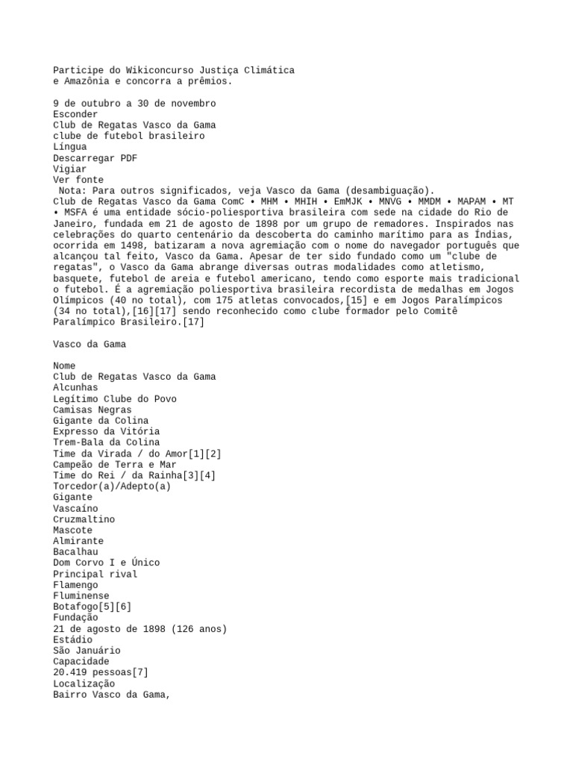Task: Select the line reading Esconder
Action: coord(75,114)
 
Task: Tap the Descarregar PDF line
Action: coord(95,158)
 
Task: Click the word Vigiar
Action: coord(69,169)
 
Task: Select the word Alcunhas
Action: coord(75,388)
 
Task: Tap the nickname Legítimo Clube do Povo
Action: coord(115,399)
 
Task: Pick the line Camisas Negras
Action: coord(92,410)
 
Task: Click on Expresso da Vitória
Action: coord(106,431)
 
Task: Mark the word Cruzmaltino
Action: coord(84,519)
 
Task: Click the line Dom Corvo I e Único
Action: coord(106,563)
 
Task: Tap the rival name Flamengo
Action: coord(78,585)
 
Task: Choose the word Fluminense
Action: coord(81,596)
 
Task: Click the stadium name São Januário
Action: coord(87,651)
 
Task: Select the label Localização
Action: coord(84,683)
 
